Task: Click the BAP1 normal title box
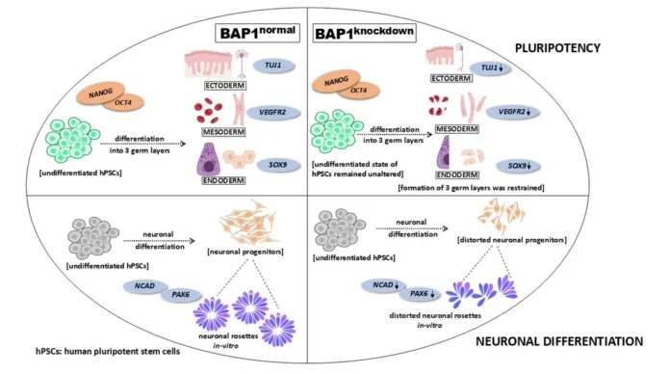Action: pyautogui.click(x=259, y=36)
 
